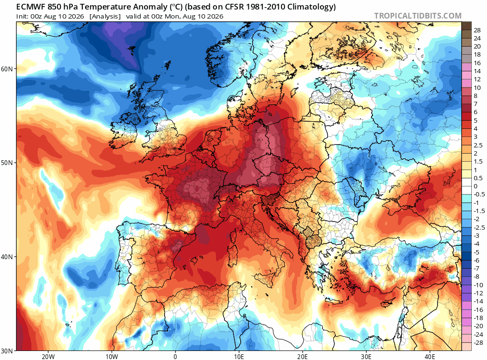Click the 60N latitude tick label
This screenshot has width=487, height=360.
click(x=7, y=68)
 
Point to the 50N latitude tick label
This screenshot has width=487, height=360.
click(x=7, y=163)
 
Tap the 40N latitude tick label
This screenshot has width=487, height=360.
click(x=7, y=257)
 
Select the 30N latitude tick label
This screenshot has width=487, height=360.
click(x=7, y=351)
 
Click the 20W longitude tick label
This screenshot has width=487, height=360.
click(x=48, y=356)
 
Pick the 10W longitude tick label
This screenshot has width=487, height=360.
click(x=112, y=356)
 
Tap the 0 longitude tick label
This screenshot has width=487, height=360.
click(x=175, y=356)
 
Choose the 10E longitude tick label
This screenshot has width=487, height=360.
click(x=239, y=356)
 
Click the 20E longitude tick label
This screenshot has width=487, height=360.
click(x=302, y=356)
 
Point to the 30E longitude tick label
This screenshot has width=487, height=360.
click(x=366, y=356)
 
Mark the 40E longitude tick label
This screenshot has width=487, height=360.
click(x=430, y=356)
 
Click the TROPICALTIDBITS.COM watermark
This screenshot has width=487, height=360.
click(x=418, y=16)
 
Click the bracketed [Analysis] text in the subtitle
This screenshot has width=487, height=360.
click(x=105, y=16)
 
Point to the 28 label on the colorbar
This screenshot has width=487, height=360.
click(x=477, y=30)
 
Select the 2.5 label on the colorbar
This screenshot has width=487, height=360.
click(x=478, y=146)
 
